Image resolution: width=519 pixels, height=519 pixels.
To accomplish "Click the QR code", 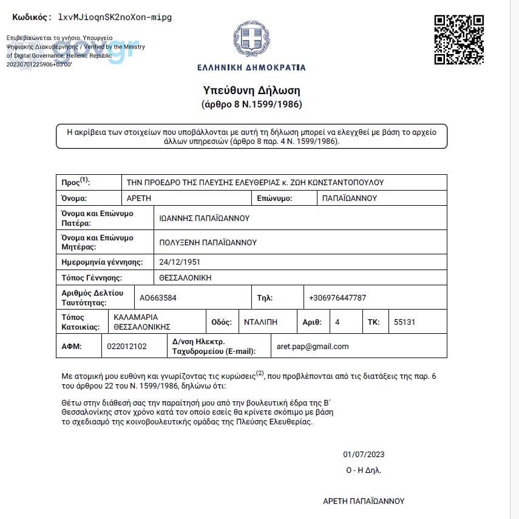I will tap(459, 39).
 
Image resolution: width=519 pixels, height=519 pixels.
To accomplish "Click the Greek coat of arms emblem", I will tap(251, 39).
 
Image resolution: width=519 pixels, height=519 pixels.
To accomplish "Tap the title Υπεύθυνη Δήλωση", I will tap(251, 90).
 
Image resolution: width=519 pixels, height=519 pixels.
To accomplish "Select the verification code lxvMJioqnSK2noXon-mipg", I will tap(115, 17).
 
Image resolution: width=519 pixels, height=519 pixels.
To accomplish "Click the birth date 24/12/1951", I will tap(180, 262).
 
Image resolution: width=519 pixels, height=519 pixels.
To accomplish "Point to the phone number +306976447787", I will tap(338, 298).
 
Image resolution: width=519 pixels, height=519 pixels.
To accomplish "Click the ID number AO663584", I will tap(158, 298).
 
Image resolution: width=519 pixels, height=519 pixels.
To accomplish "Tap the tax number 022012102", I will tap(127, 347).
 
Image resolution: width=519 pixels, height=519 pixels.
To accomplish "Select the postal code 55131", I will tap(405, 322).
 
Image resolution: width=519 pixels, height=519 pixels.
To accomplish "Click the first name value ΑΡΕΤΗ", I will tap(139, 198).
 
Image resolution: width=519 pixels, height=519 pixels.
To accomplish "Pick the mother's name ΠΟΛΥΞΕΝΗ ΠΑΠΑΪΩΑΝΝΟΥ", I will tap(208, 242).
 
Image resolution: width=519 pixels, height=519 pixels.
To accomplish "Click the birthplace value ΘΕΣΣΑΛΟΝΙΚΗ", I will tap(185, 278).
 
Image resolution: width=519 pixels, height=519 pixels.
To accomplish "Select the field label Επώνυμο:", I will tap(275, 198).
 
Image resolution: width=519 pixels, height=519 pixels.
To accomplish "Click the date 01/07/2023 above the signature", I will tap(364, 455).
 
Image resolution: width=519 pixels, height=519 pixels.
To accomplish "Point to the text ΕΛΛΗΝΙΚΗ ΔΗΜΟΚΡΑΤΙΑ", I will tap(251, 67).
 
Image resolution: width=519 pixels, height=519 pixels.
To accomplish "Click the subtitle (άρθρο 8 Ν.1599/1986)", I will tap(251, 104).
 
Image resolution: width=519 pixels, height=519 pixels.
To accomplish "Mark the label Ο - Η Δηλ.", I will tap(364, 470).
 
